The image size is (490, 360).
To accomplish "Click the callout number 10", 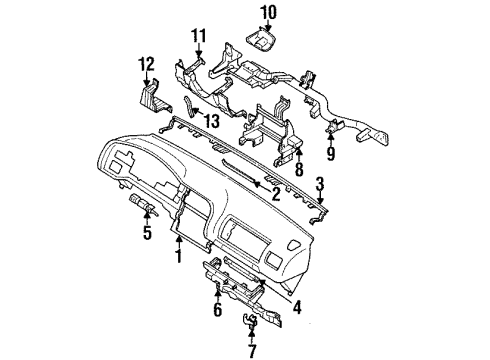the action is [x=269, y=13].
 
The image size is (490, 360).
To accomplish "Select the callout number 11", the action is [x=198, y=36].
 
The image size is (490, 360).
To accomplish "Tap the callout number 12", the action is [x=146, y=64].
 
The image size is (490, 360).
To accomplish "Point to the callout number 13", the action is [x=212, y=121].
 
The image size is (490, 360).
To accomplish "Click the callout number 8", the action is [x=299, y=169].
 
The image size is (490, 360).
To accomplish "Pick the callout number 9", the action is [x=330, y=153].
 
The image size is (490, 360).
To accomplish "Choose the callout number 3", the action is [x=320, y=184].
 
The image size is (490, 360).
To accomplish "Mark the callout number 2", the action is [x=276, y=194].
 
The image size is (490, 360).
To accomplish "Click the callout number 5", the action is [x=147, y=232].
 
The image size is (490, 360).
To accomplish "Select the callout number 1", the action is [x=179, y=256].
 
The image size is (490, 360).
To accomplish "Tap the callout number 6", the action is [x=217, y=310].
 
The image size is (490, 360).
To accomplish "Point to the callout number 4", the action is [x=297, y=307].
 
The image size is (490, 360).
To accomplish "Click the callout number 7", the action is [x=252, y=351].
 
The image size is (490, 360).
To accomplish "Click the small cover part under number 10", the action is [x=261, y=41].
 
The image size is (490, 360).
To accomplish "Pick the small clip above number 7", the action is [x=249, y=320].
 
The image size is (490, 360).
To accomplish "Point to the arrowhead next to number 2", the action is [x=257, y=183].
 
